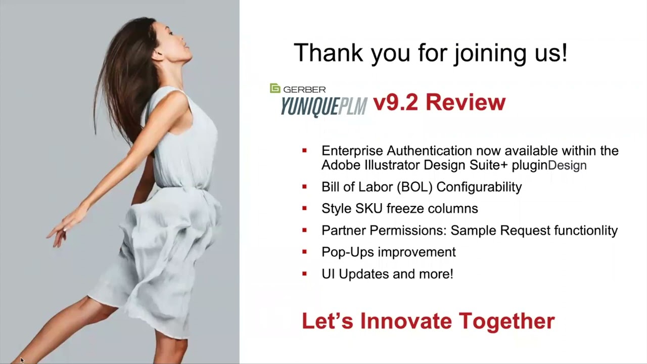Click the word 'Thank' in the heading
329,53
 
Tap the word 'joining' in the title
490,54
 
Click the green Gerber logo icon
275,88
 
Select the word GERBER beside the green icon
304,89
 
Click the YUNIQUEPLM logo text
324,106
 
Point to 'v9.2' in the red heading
395,102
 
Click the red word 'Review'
466,102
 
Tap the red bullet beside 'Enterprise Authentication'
304,150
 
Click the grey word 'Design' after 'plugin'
567,165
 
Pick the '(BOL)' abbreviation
415,187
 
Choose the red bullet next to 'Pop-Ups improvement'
304,252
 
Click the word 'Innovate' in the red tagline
406,321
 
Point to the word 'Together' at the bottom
507,321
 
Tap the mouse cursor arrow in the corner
22,360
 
